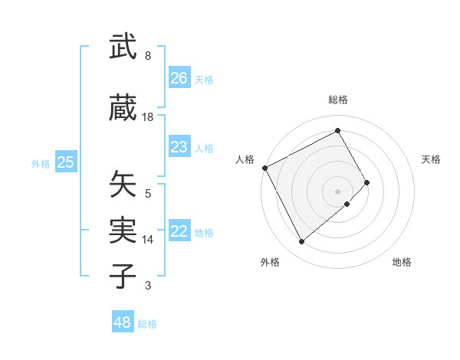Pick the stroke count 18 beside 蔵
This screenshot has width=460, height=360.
[x=148, y=117]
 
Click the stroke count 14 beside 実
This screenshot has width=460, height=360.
[x=148, y=240]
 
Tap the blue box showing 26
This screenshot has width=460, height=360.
[x=179, y=78]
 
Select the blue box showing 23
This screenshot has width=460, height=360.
[x=179, y=147]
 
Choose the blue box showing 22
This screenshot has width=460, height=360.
[x=179, y=232]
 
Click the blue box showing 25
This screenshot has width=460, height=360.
[x=66, y=162]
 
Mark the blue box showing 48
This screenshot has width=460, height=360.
[x=123, y=322]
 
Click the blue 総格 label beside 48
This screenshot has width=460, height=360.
[x=147, y=324]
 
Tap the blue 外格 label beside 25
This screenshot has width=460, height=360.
[x=41, y=163]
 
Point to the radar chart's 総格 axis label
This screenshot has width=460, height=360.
[x=338, y=100]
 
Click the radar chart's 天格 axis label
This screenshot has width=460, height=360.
[x=432, y=159]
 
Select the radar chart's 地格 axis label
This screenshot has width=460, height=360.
[x=402, y=262]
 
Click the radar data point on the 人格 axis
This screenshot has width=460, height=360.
[x=264, y=168]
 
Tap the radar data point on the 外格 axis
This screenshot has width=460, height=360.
[x=301, y=242]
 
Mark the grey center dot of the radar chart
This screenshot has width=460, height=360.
[x=338, y=191]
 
